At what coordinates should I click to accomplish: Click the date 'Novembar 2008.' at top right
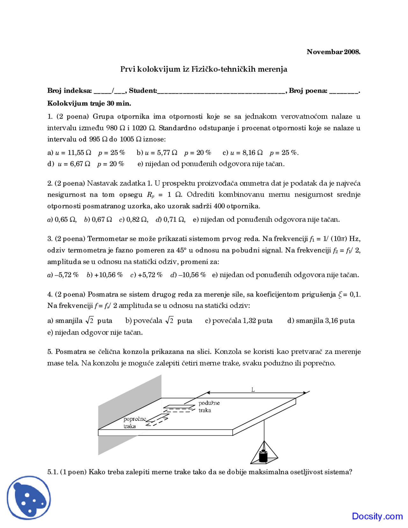tap(333, 52)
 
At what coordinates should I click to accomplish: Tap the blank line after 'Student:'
tap(221, 91)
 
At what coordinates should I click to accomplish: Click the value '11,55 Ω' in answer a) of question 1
tap(79, 153)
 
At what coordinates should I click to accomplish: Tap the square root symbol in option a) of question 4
tap(90, 320)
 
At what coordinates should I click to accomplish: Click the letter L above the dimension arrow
tap(253, 390)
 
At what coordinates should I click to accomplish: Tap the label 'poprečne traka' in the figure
tap(134, 422)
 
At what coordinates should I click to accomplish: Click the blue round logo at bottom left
tap(29, 498)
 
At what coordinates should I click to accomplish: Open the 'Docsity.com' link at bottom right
tap(377, 516)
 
